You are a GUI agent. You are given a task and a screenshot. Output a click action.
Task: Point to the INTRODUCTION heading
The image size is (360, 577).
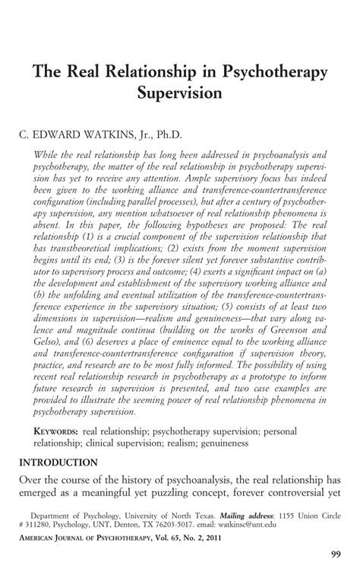58,462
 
